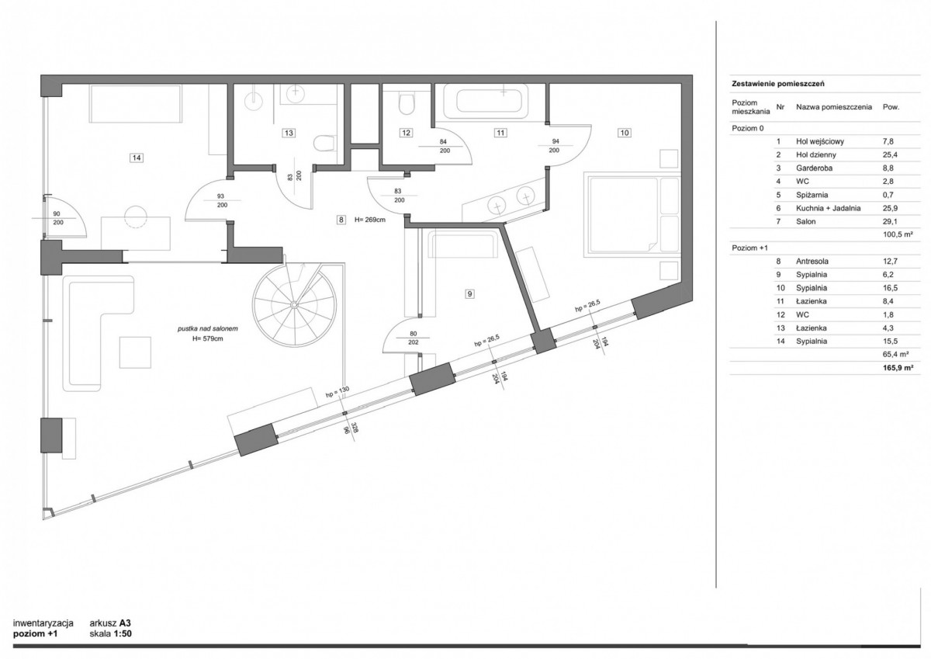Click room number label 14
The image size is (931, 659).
coord(137,158)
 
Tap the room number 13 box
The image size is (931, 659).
coord(289,133)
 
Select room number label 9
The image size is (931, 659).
coord(469,294)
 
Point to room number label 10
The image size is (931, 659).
coord(625,133)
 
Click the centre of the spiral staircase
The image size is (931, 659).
coord(293,305)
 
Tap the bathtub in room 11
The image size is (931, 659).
coord(486,101)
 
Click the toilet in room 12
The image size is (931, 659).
coord(407,103)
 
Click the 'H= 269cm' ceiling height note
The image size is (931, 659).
coord(369,220)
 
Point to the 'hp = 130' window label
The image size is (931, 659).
coord(337,392)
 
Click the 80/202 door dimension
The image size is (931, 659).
coord(413,338)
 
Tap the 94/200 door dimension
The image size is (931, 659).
coord(555,145)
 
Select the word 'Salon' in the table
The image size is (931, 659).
coord(806,221)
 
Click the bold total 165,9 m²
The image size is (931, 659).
coord(898,368)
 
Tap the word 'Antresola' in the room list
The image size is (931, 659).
coord(812,262)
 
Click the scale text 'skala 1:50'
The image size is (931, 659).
coord(110,633)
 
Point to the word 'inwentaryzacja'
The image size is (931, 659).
coord(43,623)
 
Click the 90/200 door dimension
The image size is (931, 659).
coord(57,218)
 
